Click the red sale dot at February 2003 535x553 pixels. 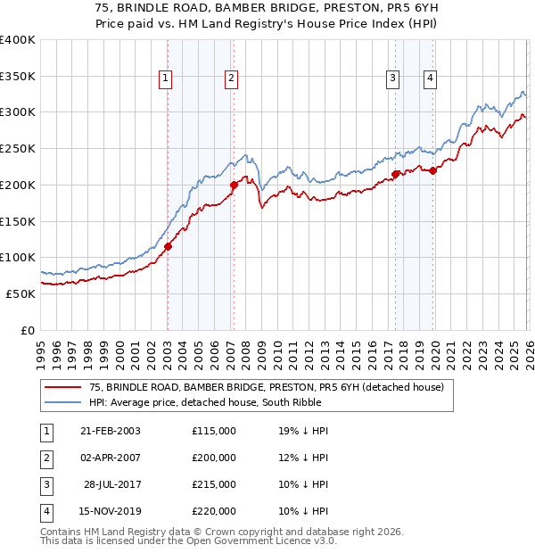(168, 247)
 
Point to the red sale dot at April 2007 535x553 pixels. (234, 186)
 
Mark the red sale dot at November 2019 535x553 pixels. (432, 170)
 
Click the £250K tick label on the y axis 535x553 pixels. (18, 148)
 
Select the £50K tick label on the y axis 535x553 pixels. (21, 293)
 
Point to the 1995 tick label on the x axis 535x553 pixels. (41, 352)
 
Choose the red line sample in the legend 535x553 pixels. (65, 387)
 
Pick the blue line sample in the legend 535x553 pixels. (65, 402)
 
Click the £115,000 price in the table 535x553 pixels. (214, 431)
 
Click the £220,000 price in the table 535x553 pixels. (214, 511)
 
